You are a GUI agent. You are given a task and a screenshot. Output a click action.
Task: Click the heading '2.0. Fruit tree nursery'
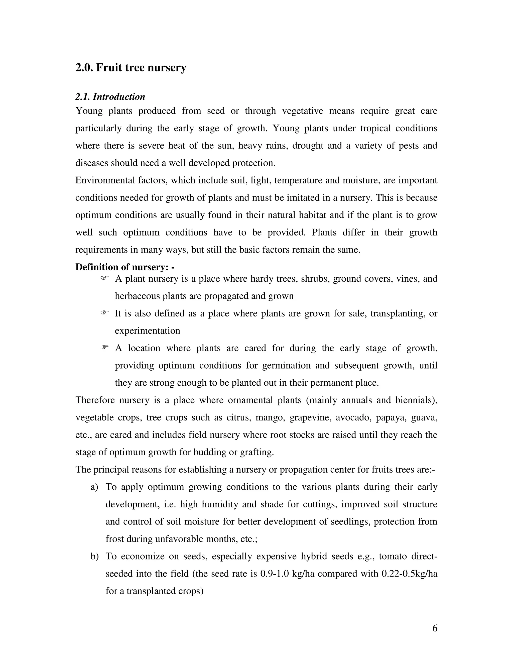[x=131, y=67]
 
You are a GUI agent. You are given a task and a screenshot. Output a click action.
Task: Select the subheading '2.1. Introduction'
[x=110, y=97]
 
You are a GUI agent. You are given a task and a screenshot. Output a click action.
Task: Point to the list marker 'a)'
[x=94, y=487]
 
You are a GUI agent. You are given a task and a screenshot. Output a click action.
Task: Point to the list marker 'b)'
[x=94, y=556]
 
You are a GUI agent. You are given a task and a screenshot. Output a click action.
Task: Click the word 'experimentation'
[x=147, y=331]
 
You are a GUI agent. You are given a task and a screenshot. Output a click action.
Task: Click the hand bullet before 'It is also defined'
[x=104, y=312]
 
